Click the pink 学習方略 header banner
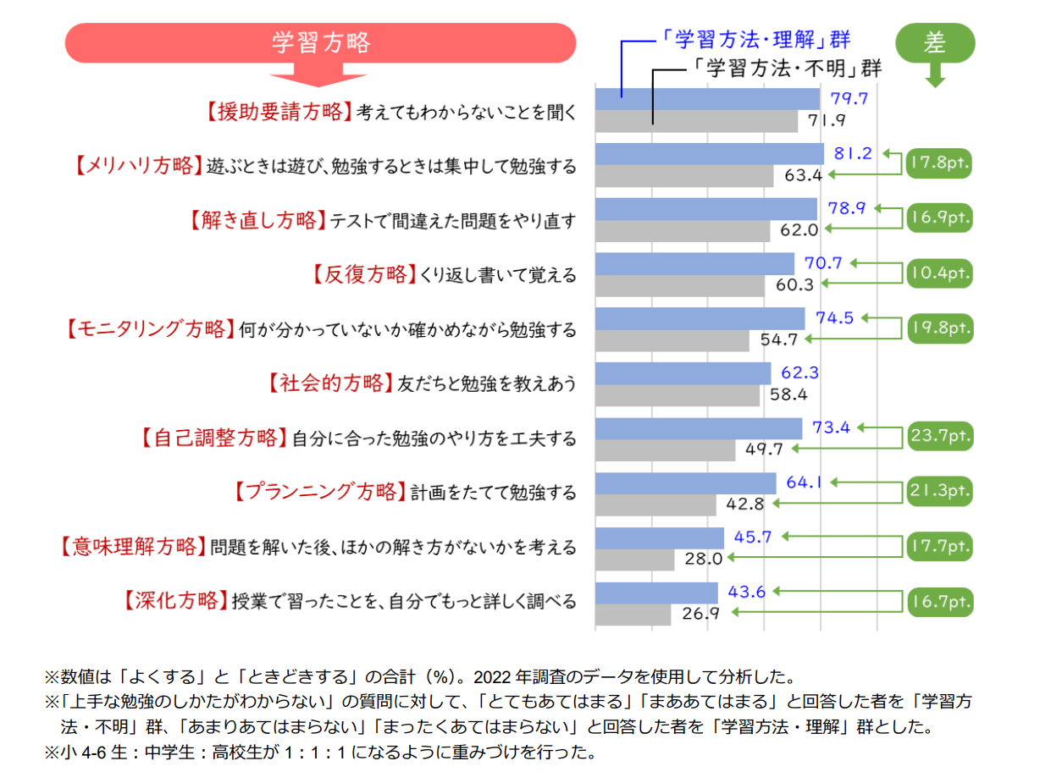click(x=321, y=42)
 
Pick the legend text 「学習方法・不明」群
click(x=783, y=69)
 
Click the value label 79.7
click(x=849, y=99)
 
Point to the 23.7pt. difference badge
click(x=939, y=438)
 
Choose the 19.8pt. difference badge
click(x=939, y=328)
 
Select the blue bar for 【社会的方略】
click(x=683, y=373)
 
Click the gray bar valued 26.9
click(x=633, y=614)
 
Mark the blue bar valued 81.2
click(x=709, y=153)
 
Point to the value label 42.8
click(x=745, y=505)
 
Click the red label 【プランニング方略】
click(x=317, y=492)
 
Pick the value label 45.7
click(x=750, y=537)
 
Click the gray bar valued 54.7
click(x=672, y=339)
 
